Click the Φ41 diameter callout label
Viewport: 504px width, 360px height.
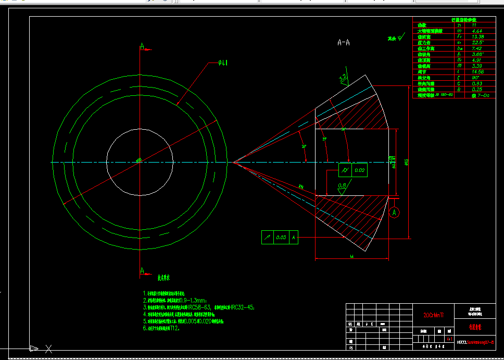[x=223, y=64]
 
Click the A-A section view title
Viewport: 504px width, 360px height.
[x=343, y=43]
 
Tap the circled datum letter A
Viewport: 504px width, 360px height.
[x=394, y=212]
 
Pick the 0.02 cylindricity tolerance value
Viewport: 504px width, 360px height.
[x=360, y=170]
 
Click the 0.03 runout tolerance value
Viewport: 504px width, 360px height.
[x=281, y=237]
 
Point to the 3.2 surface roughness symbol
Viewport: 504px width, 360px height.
[x=343, y=78]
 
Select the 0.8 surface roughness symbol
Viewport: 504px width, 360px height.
[x=342, y=186]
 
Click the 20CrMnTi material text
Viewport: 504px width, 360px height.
[x=430, y=315]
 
